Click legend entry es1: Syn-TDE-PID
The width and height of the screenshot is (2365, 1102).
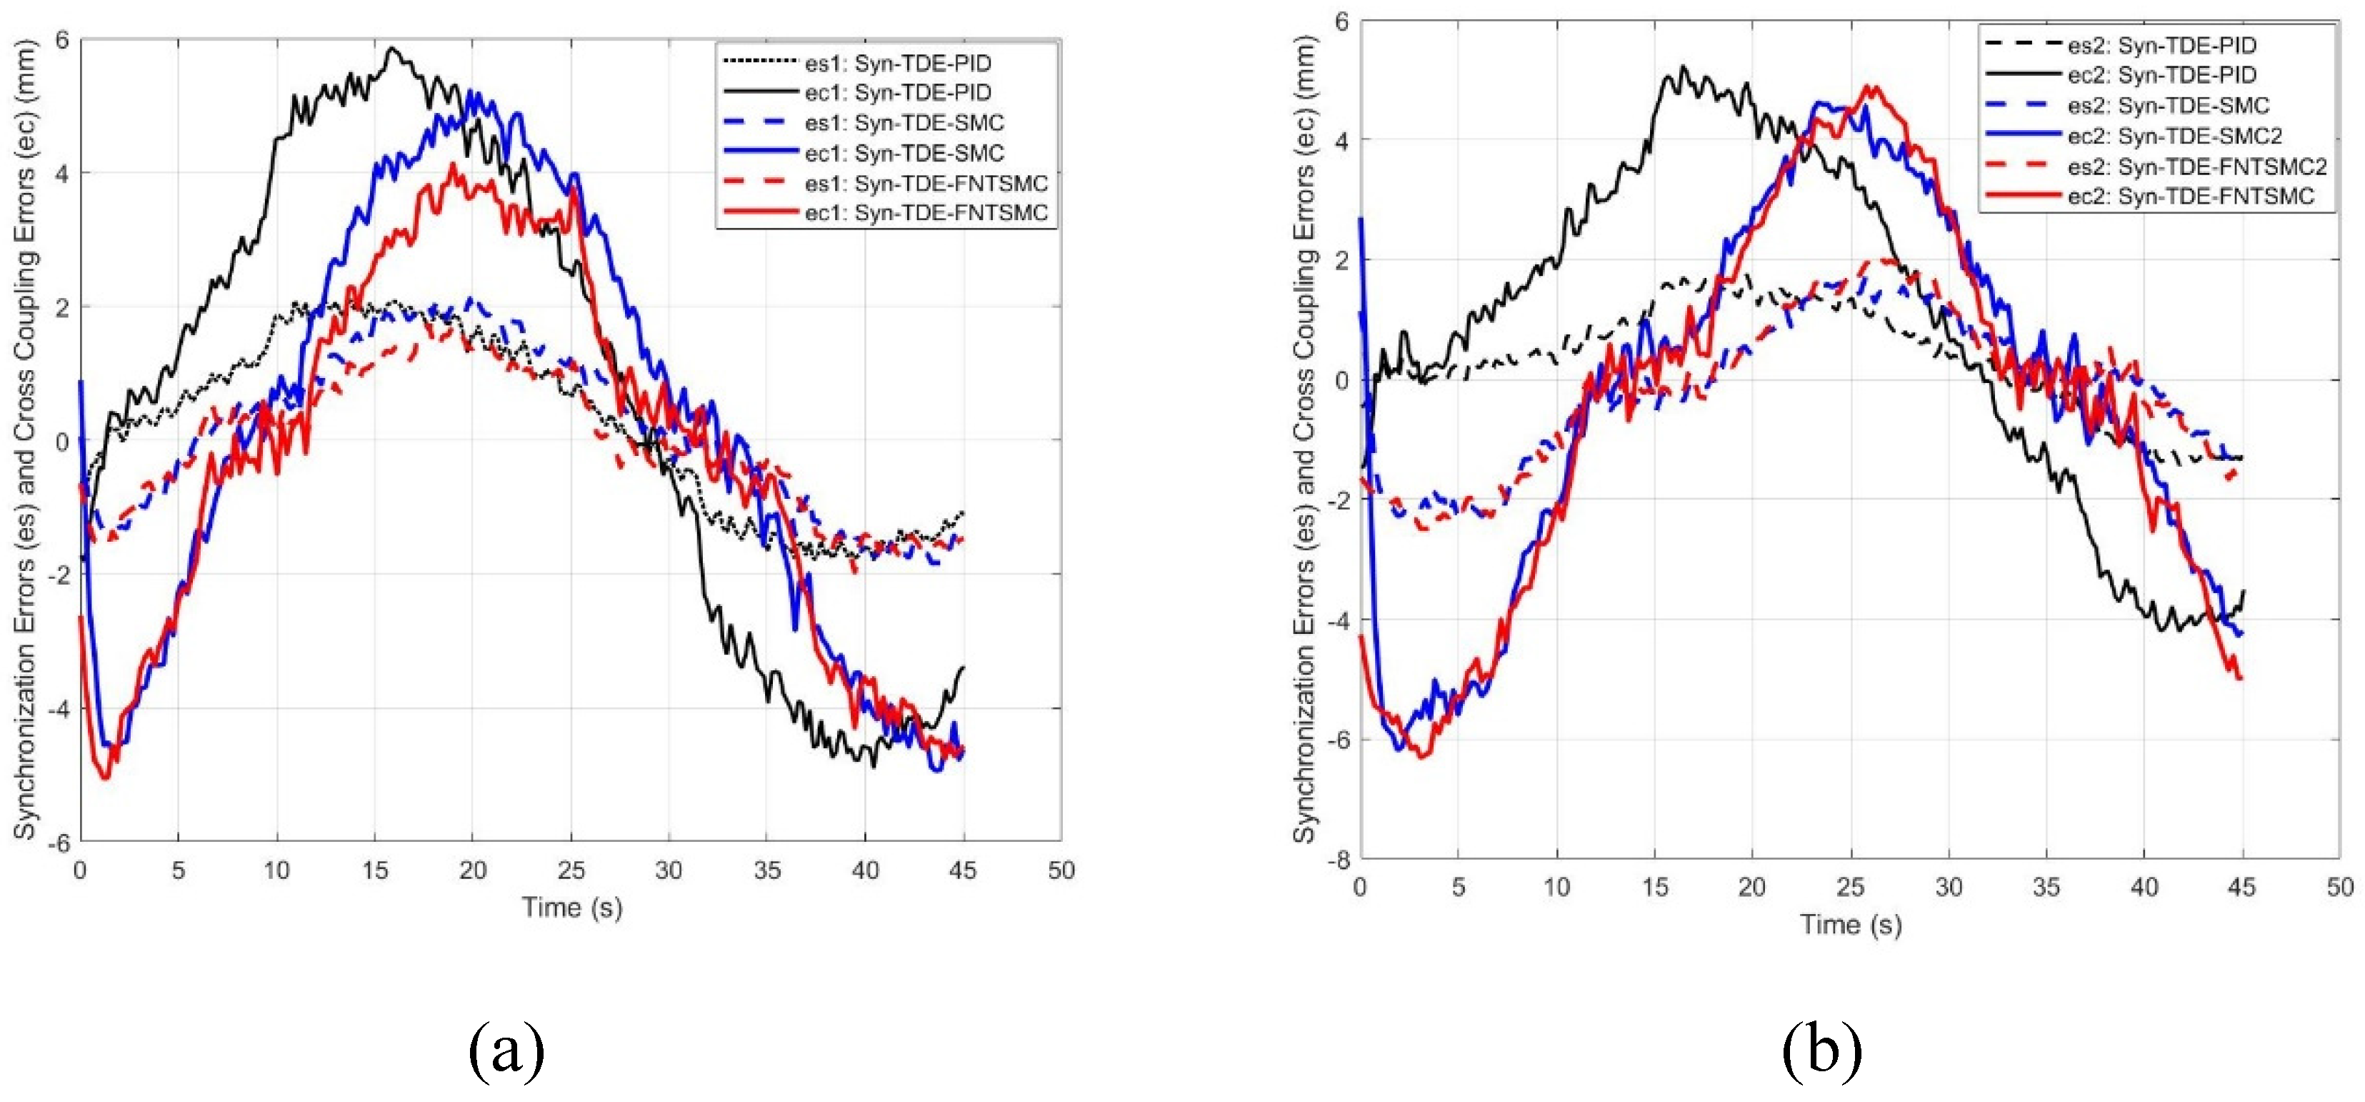point(898,64)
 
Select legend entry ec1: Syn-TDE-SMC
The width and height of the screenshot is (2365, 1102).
point(904,152)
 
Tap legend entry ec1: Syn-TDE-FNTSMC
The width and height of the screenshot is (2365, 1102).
point(926,212)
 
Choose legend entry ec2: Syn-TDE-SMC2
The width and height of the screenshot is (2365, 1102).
point(2174,136)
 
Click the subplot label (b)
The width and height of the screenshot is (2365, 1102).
point(1821,1051)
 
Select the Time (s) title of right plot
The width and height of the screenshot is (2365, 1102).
point(1850,924)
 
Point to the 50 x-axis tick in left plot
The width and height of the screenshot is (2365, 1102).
point(1061,870)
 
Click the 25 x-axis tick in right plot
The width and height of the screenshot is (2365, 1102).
point(1850,886)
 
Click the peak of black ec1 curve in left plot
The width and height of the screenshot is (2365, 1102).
point(392,49)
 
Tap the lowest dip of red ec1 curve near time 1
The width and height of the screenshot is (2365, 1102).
point(105,778)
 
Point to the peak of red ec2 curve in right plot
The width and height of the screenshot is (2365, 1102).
point(1869,87)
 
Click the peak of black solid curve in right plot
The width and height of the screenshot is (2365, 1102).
point(1682,67)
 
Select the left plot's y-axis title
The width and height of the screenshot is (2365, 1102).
point(25,441)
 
